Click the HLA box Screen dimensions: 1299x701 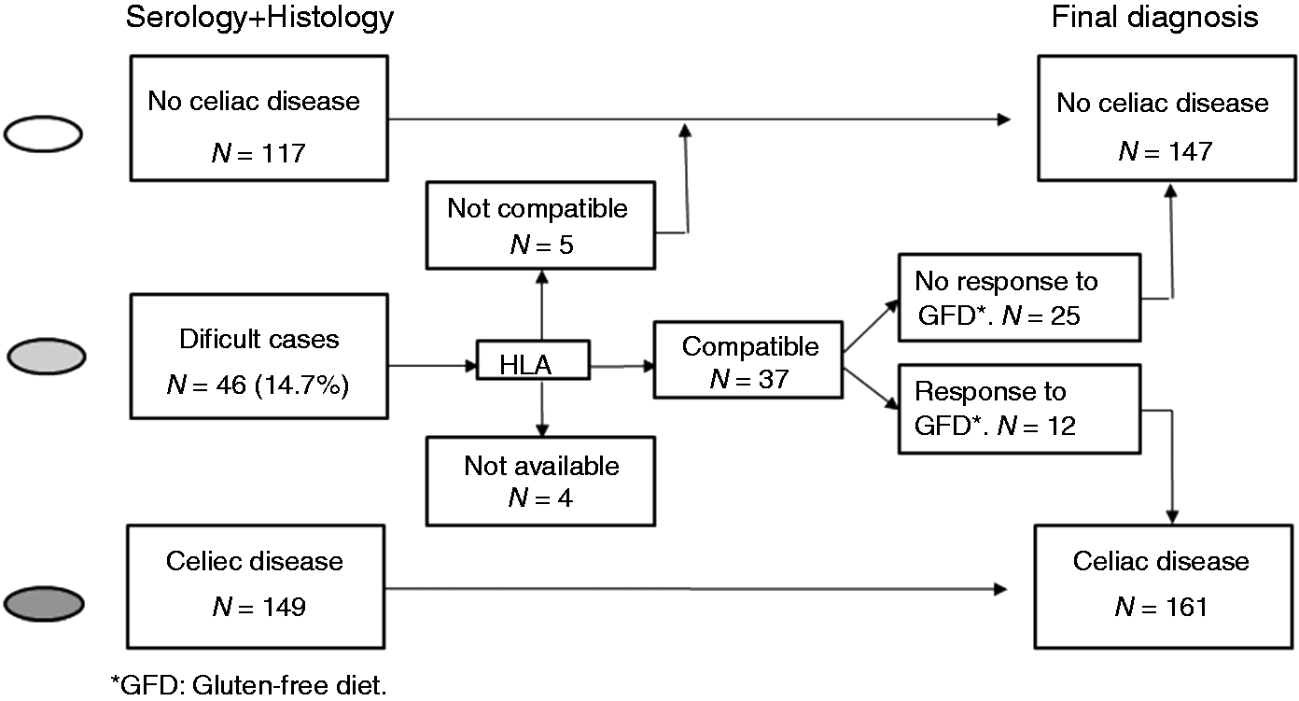(x=533, y=360)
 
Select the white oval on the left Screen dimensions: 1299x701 (x=44, y=133)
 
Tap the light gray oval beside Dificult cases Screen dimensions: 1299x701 (x=47, y=356)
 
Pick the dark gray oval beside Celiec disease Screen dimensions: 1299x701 (x=44, y=604)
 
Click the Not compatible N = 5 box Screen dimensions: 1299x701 (x=540, y=226)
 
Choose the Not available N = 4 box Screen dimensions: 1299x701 (x=540, y=482)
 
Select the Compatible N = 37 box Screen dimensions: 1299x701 (x=748, y=360)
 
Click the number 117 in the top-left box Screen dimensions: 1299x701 (x=283, y=154)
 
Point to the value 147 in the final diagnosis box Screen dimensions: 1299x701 (x=1190, y=151)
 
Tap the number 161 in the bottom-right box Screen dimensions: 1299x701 (x=1186, y=607)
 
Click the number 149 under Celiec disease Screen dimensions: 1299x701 (x=284, y=607)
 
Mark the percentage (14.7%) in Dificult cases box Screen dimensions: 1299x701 (x=302, y=385)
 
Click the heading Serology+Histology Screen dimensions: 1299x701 (x=259, y=17)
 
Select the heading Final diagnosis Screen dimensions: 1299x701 (x=1154, y=17)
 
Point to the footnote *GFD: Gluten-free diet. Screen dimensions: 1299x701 (x=249, y=685)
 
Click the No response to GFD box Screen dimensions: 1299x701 (x=1019, y=298)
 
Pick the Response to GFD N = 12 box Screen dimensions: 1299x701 (x=1019, y=409)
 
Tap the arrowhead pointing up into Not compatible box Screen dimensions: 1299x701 (x=541, y=276)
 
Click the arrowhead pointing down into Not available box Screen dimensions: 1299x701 (x=541, y=430)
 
